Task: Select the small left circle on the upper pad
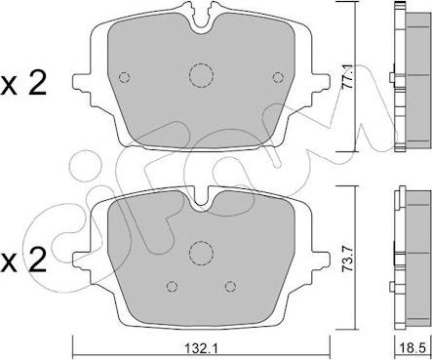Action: [123, 78]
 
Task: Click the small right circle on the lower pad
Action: [229, 286]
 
